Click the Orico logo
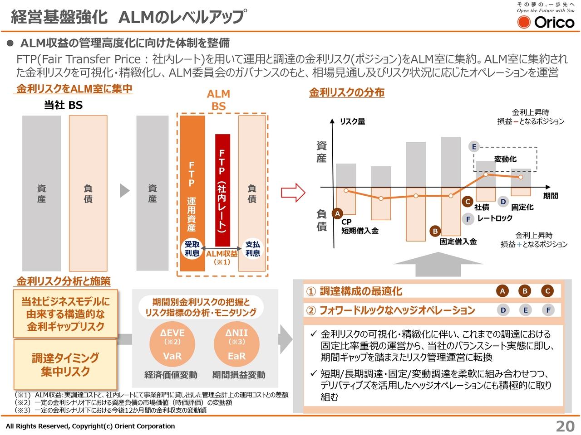(546, 22)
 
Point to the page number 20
(565, 426)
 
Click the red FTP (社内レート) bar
(222, 190)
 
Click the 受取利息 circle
(192, 249)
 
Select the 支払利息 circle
(252, 249)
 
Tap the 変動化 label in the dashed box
(505, 159)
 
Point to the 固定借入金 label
(458, 242)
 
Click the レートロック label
(495, 218)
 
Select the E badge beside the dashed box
(474, 146)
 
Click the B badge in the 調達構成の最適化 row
(525, 291)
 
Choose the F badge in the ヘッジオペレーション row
(548, 310)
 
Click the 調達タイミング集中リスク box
(65, 364)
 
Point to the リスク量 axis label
(353, 121)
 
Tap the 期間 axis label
(551, 196)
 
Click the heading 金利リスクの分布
(347, 92)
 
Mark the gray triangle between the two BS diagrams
(124, 191)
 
